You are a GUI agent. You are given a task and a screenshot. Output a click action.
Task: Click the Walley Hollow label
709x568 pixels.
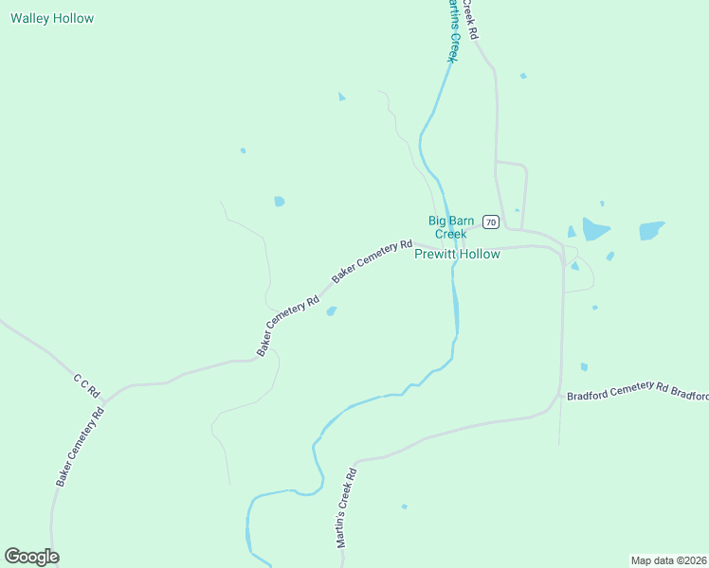[x=52, y=18]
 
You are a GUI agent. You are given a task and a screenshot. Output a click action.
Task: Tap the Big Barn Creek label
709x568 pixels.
[x=450, y=227]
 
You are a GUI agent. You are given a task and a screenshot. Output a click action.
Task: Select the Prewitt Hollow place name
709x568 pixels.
[x=457, y=255]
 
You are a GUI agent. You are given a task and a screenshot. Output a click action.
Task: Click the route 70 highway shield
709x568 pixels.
[x=490, y=222]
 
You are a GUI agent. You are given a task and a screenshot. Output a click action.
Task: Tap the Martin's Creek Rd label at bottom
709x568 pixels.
[x=346, y=509]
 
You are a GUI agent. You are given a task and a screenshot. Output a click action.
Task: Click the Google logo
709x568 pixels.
[x=31, y=557]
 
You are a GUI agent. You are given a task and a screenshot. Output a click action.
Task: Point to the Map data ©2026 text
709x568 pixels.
[x=668, y=559]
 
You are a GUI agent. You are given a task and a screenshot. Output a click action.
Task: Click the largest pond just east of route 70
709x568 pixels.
[x=595, y=229]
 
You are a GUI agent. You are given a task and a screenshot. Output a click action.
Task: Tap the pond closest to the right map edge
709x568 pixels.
[x=651, y=230]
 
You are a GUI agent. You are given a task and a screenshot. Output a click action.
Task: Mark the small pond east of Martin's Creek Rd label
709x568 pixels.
[x=404, y=506]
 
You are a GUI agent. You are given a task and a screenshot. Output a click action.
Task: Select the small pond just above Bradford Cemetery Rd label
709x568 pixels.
[x=584, y=367]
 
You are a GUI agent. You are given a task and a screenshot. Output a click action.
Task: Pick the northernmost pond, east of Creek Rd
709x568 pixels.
[x=522, y=76]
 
